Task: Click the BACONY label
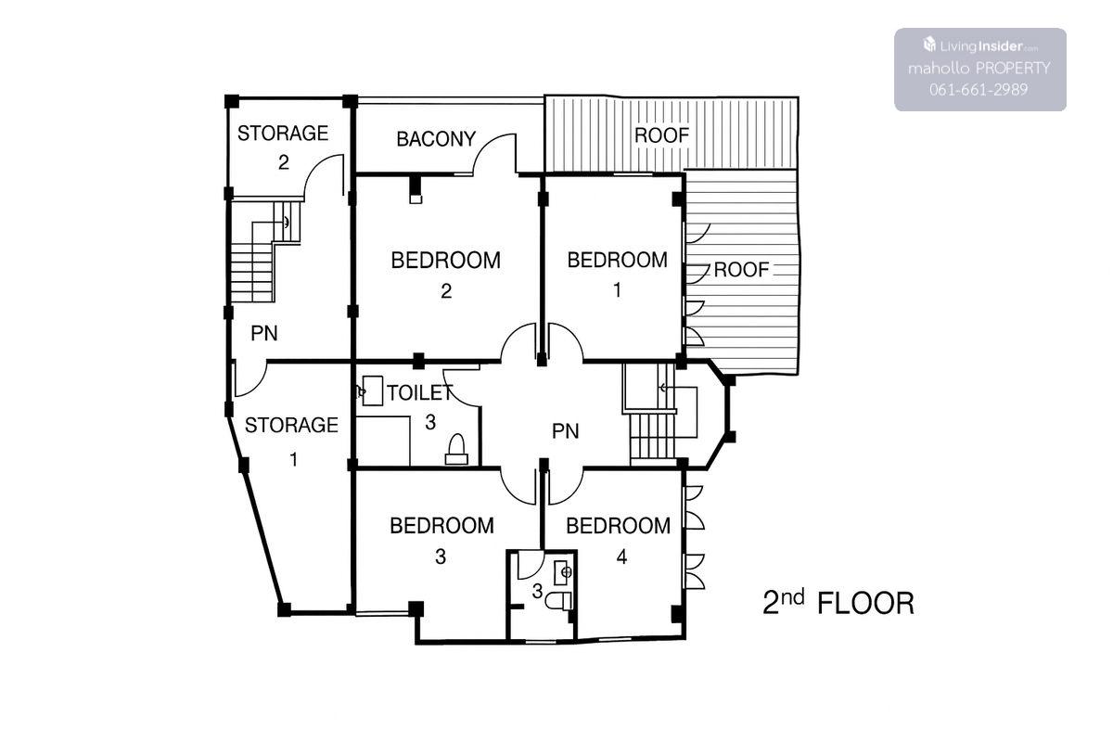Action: click(x=436, y=139)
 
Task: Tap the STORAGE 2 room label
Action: click(x=283, y=147)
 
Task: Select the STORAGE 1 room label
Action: click(x=291, y=441)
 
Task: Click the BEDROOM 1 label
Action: click(x=617, y=275)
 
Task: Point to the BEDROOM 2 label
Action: click(x=446, y=275)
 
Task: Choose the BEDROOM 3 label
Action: click(x=441, y=540)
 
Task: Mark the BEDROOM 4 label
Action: click(x=618, y=541)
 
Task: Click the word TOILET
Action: click(x=420, y=393)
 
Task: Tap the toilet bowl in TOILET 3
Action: click(x=456, y=449)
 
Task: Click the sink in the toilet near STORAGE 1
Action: click(x=372, y=390)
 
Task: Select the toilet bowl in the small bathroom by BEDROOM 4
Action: click(x=559, y=601)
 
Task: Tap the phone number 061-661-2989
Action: click(x=979, y=89)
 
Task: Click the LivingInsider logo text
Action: click(x=980, y=46)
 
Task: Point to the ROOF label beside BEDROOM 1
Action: click(x=741, y=270)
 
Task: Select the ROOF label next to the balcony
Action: click(x=662, y=135)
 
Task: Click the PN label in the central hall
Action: click(x=566, y=431)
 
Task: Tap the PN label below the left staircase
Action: click(x=263, y=334)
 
